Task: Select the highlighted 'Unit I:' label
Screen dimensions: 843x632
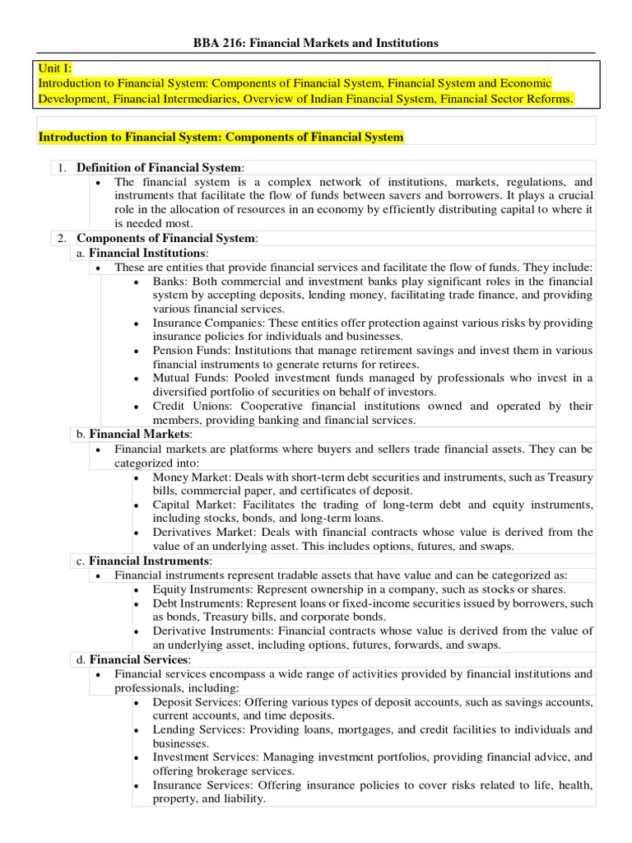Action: [x=56, y=68]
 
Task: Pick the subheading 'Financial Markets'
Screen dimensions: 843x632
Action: [x=140, y=434]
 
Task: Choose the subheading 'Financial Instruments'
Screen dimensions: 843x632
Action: [x=150, y=561]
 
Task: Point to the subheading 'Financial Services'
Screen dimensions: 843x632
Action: [x=140, y=659]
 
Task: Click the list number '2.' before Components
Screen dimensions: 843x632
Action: [x=62, y=239]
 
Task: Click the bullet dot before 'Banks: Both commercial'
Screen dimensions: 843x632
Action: [x=137, y=282]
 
